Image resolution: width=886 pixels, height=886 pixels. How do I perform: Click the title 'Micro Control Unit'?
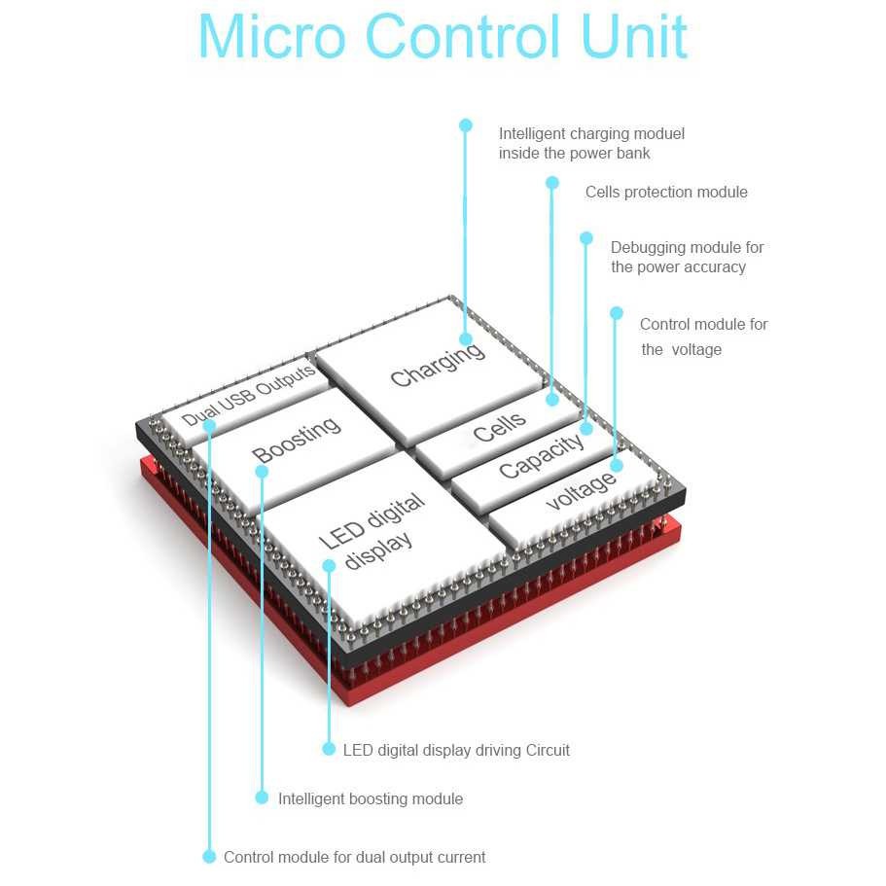click(x=443, y=37)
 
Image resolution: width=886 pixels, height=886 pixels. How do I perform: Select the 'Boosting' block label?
click(x=297, y=440)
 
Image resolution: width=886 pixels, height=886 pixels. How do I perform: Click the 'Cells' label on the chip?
click(x=500, y=426)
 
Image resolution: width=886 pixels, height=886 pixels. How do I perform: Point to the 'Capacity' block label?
click(x=541, y=456)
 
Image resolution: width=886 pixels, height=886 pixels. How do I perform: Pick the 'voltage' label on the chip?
click(x=581, y=489)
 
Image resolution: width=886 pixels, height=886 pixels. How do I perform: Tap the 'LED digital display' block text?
click(x=372, y=531)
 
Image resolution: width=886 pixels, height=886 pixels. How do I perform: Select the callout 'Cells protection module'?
click(x=666, y=193)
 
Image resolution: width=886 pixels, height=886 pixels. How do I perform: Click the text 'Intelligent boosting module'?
click(x=371, y=798)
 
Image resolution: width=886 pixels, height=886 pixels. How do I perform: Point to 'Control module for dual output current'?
click(x=354, y=857)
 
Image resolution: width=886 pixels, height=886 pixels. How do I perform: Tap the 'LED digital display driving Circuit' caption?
click(x=456, y=750)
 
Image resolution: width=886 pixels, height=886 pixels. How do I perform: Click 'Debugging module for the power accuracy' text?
click(x=687, y=258)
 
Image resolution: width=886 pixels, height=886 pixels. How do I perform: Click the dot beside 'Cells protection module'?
click(x=552, y=183)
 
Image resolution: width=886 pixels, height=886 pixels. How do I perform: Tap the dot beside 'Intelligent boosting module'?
click(x=262, y=797)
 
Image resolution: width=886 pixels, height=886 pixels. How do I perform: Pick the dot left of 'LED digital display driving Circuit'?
click(x=329, y=749)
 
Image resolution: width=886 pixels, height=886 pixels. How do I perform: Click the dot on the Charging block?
click(x=466, y=339)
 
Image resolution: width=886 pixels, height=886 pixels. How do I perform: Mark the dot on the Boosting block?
click(x=262, y=472)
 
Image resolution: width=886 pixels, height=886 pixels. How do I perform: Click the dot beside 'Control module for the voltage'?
click(x=616, y=313)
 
